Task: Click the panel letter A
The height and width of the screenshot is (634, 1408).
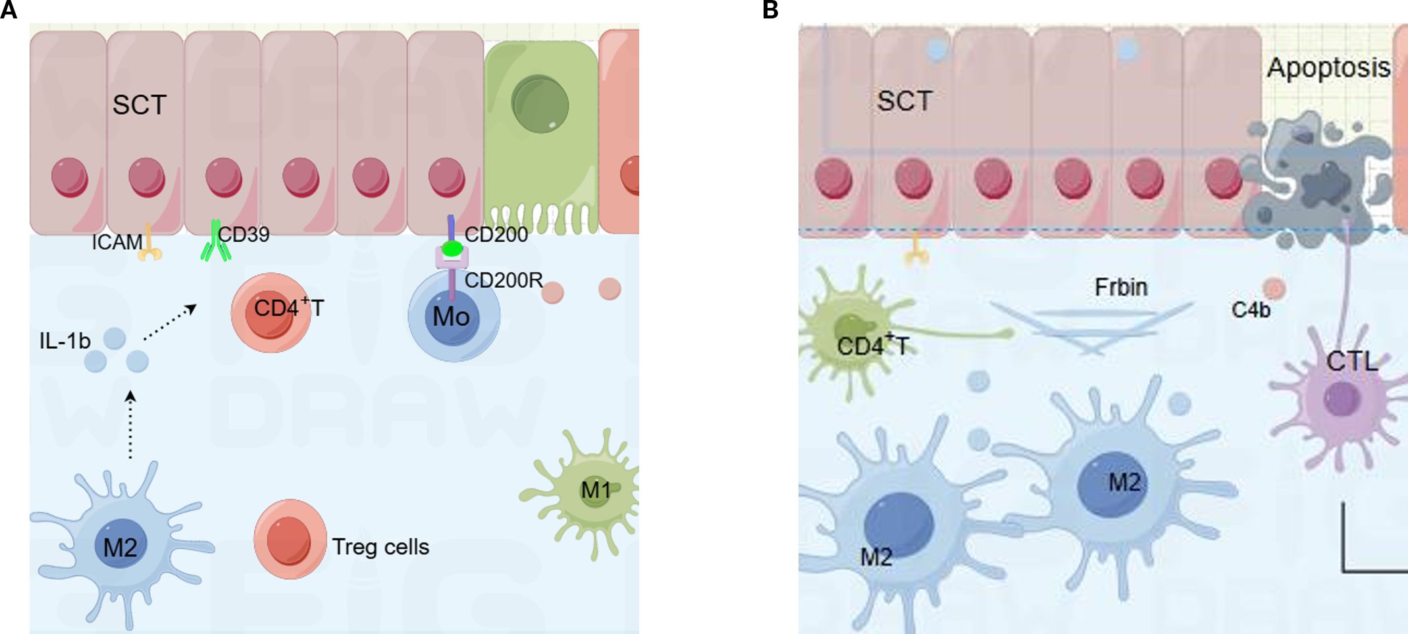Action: click(x=9, y=10)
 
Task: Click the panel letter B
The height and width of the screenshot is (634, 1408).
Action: click(x=770, y=10)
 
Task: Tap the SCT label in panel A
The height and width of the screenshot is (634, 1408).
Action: click(x=140, y=105)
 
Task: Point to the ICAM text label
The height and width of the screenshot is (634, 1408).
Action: click(x=117, y=242)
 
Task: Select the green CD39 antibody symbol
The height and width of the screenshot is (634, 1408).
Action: click(x=216, y=242)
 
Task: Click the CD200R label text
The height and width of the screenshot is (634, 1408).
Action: click(x=504, y=280)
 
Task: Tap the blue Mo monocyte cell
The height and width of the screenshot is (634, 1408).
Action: click(x=453, y=317)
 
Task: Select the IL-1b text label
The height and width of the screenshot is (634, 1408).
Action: click(x=65, y=340)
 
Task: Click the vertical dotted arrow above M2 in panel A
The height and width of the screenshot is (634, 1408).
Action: click(x=130, y=424)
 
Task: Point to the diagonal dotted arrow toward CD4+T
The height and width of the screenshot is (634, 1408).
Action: click(x=170, y=322)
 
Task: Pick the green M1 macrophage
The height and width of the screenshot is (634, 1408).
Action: click(x=592, y=490)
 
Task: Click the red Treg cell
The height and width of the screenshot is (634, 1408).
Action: click(x=290, y=540)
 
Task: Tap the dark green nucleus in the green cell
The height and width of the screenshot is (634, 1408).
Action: click(x=540, y=104)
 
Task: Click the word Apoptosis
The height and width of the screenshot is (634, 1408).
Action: click(x=1328, y=67)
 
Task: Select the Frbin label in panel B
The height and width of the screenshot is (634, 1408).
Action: click(x=1121, y=287)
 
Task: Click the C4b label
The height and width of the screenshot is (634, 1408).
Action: click(x=1250, y=309)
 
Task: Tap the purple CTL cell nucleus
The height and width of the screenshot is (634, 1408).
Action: click(x=1342, y=399)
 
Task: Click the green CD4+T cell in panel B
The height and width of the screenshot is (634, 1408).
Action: click(x=852, y=332)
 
